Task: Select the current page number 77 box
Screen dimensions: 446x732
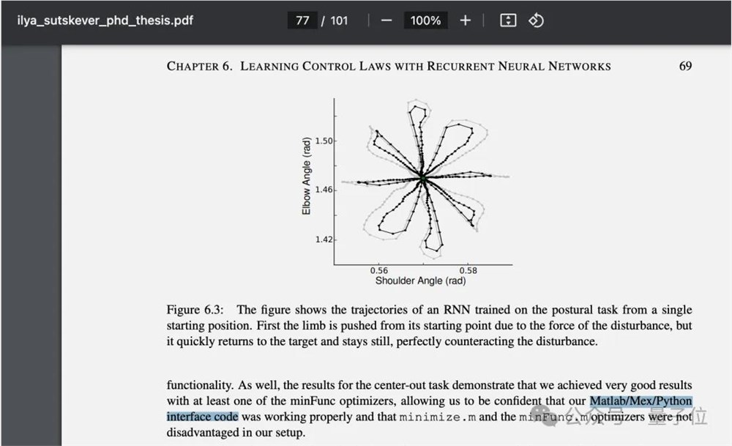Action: pyautogui.click(x=302, y=21)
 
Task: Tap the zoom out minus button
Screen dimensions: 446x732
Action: pyautogui.click(x=386, y=21)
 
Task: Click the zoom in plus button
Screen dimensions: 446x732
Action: pyautogui.click(x=465, y=21)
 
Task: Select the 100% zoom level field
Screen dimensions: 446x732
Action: pyautogui.click(x=425, y=21)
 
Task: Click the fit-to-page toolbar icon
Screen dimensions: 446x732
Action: pyautogui.click(x=508, y=21)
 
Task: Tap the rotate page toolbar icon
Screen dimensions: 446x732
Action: pyautogui.click(x=536, y=21)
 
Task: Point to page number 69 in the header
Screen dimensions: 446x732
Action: pyautogui.click(x=685, y=66)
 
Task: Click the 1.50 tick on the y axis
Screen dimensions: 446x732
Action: pyautogui.click(x=324, y=141)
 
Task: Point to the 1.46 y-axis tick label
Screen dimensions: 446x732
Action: pyautogui.click(x=324, y=190)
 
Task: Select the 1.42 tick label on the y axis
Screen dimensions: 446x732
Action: pyautogui.click(x=324, y=239)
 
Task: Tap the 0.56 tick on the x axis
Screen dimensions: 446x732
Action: pyautogui.click(x=378, y=271)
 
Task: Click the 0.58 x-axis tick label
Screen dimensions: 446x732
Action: pyautogui.click(x=468, y=271)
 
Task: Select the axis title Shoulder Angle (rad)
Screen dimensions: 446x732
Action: pyautogui.click(x=420, y=280)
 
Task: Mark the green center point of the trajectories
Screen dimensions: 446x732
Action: pyautogui.click(x=422, y=178)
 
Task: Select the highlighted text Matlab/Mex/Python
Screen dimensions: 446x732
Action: pyautogui.click(x=640, y=401)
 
